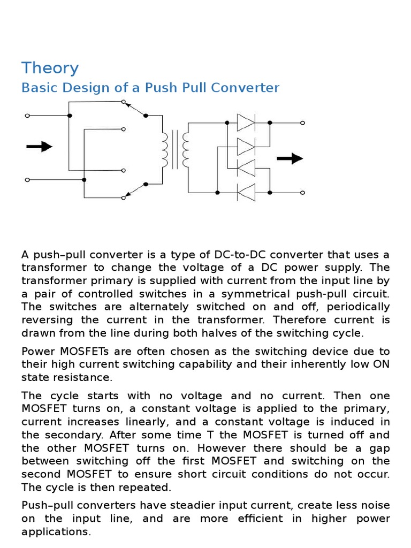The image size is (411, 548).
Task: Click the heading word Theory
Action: [x=50, y=68]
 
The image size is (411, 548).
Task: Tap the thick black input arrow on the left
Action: [x=39, y=146]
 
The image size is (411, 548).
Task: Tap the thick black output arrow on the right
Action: [x=290, y=158]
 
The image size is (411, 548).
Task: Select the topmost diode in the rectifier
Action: [x=246, y=123]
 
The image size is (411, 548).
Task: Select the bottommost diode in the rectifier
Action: [x=246, y=192]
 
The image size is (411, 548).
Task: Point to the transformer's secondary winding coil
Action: [x=185, y=150]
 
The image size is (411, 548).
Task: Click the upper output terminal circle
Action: [x=303, y=123]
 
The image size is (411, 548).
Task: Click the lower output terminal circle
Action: [x=303, y=192]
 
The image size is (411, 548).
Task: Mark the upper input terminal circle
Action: [x=27, y=115]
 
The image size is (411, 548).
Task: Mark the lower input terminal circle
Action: [x=27, y=180]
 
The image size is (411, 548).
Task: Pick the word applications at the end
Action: [x=55, y=531]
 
